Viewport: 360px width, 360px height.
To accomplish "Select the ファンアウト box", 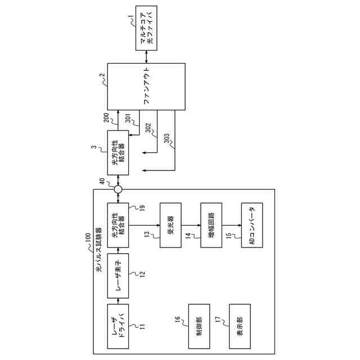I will coord(146,87).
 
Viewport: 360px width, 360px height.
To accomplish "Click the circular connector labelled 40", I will coord(118,190).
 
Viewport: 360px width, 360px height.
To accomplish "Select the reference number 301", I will coord(129,119).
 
